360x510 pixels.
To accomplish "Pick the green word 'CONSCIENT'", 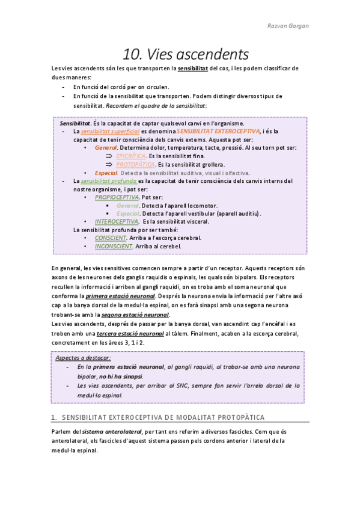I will point(111,238).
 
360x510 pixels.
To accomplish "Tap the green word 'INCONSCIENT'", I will point(114,246).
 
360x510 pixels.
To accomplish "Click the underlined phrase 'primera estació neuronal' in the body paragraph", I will point(120,296).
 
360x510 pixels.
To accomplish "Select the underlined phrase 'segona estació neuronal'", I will point(135,315).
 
